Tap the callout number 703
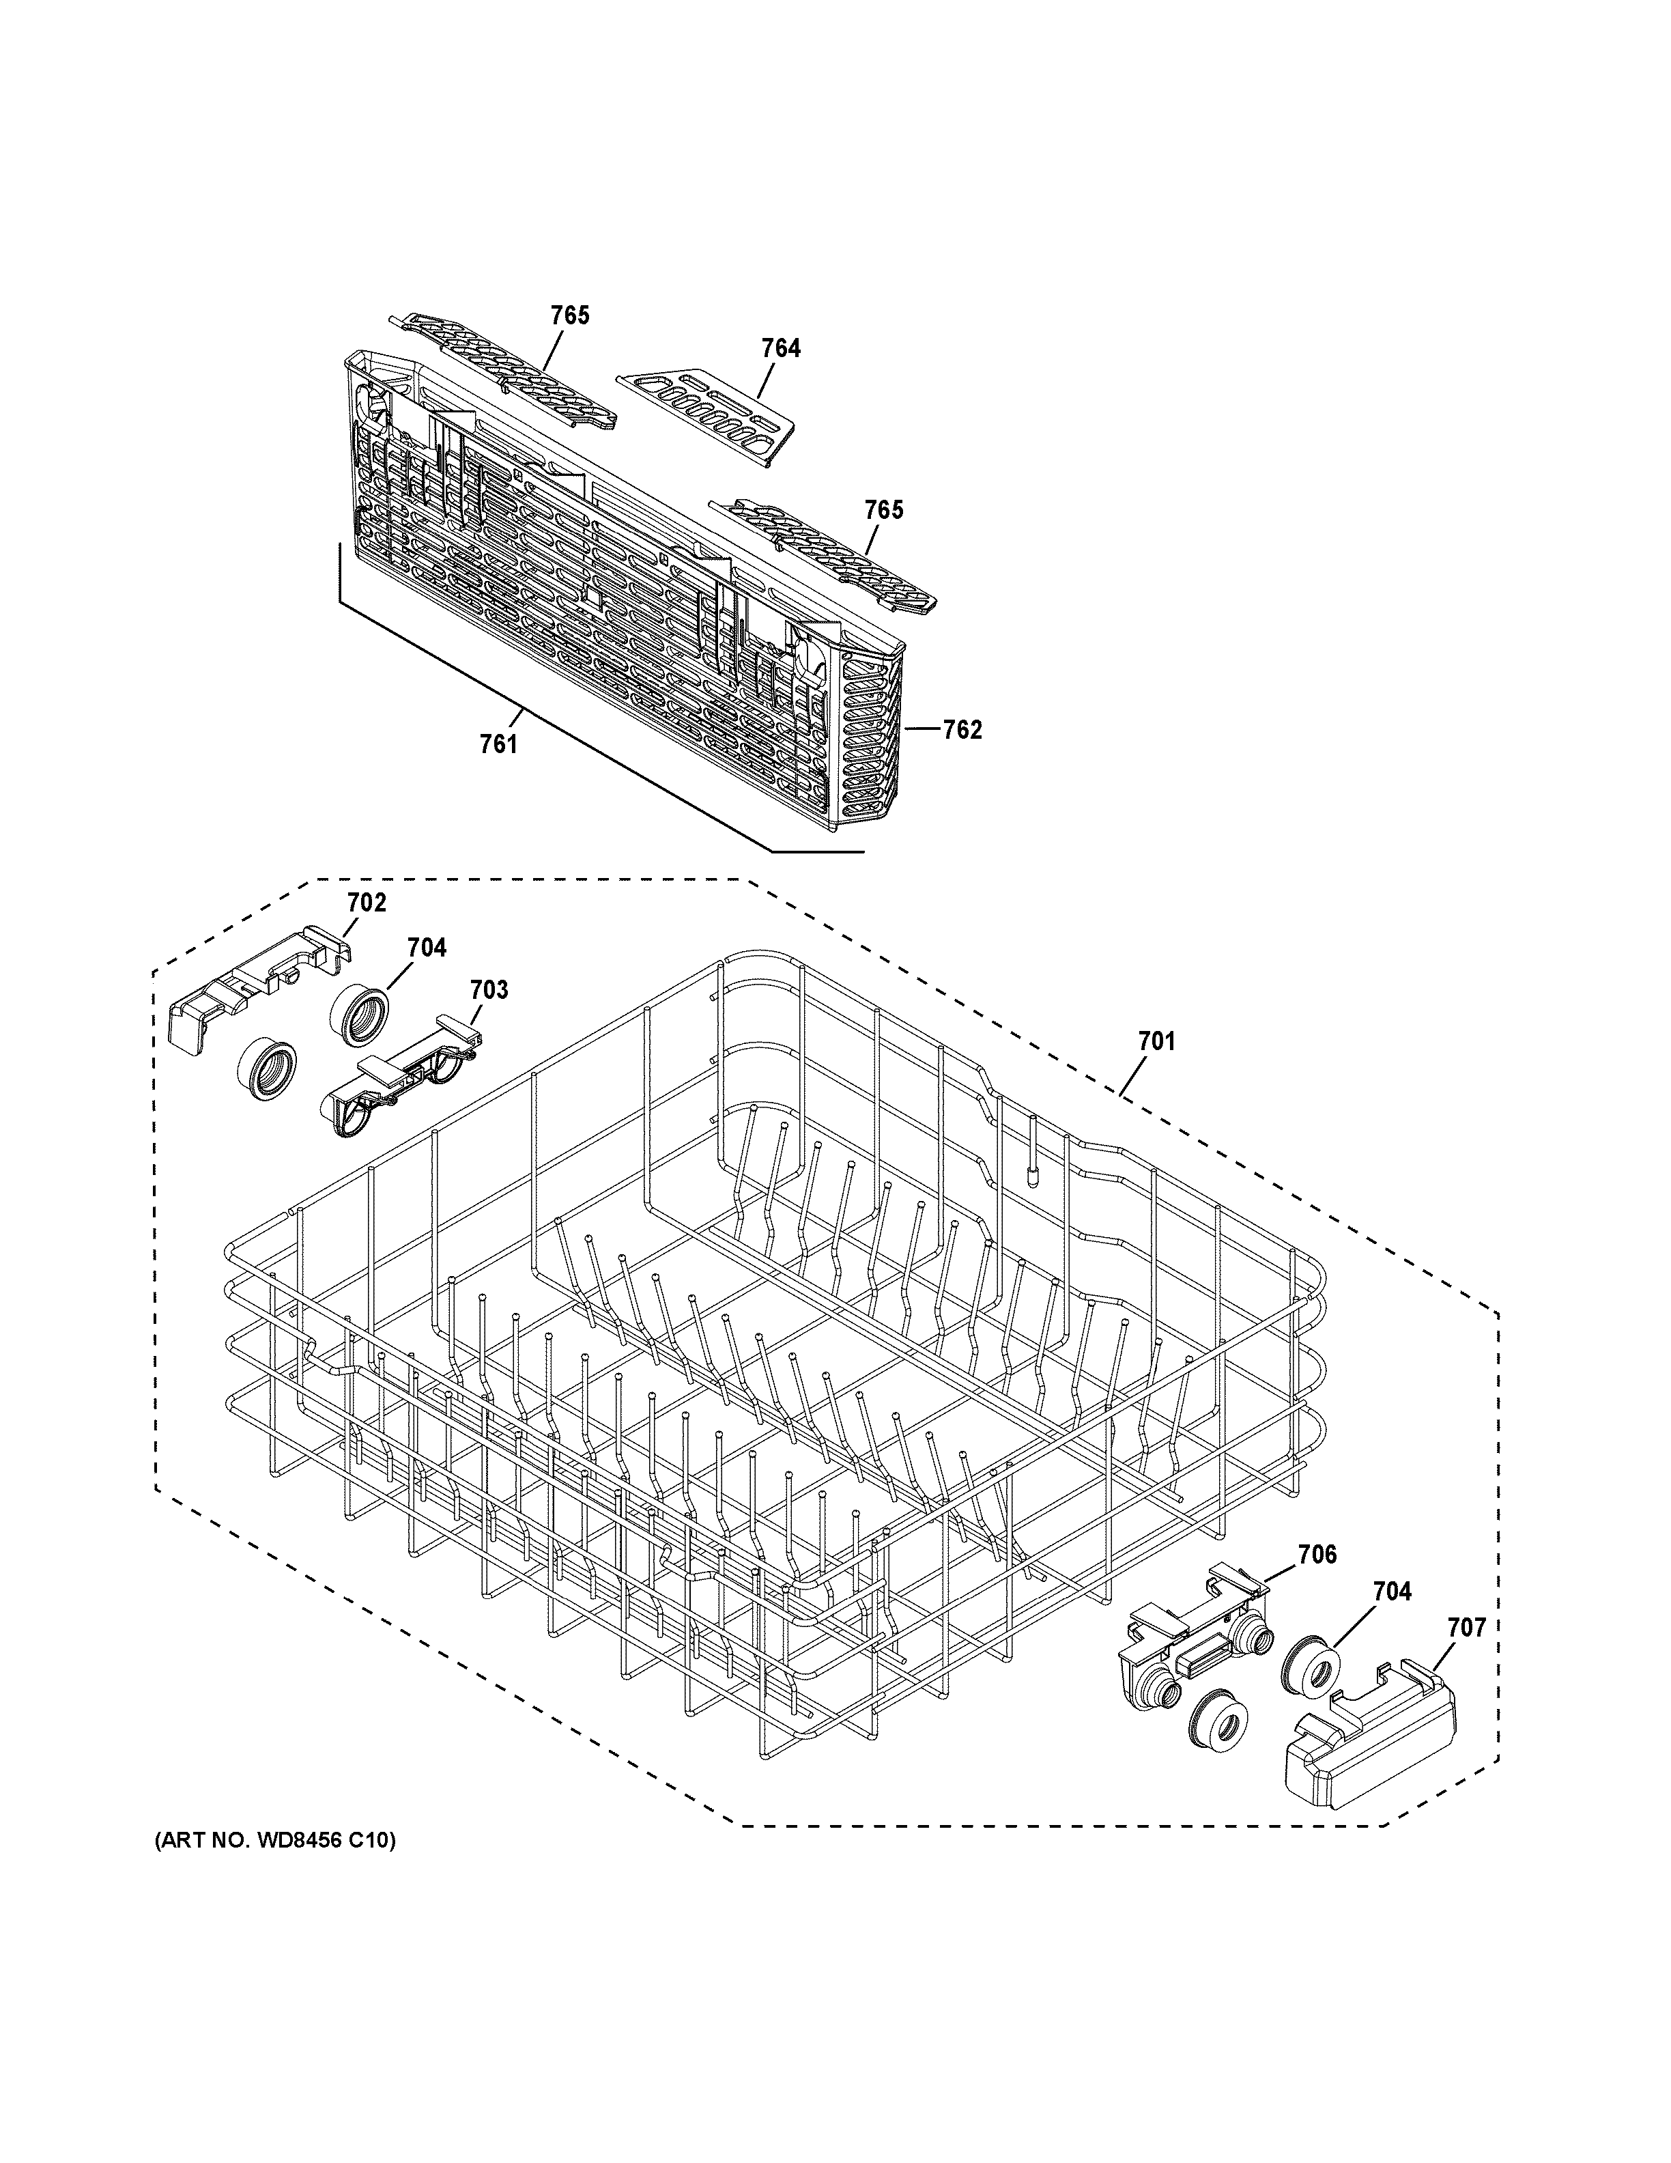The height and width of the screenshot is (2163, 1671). (488, 989)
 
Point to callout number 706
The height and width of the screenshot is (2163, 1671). (1317, 1554)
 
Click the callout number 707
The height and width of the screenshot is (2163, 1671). (1466, 1626)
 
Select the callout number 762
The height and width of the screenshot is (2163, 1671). (961, 730)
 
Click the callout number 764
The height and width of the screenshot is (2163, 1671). (780, 349)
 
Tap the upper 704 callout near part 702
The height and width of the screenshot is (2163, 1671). (426, 948)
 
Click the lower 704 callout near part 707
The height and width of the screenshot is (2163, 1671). (1391, 1592)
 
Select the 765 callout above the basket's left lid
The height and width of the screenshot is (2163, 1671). (569, 315)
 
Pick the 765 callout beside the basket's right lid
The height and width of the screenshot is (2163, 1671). (883, 509)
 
